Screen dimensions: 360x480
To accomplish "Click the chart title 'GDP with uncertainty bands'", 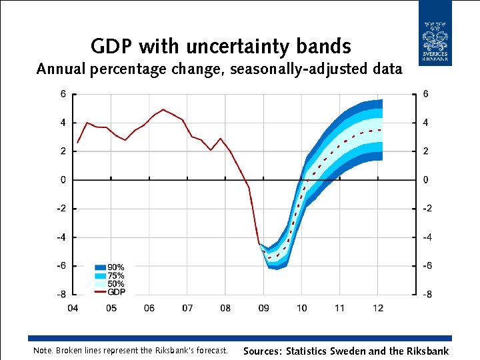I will coord(221,46).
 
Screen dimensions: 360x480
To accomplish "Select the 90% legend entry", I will coord(110,267).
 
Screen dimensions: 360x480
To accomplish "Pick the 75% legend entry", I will coord(110,275).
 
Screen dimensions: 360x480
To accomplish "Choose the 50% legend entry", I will coord(110,284).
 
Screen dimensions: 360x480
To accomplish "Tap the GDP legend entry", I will coord(110,292).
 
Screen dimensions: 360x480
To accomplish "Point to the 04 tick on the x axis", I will coord(73,308).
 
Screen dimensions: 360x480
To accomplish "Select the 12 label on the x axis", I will coord(378,308).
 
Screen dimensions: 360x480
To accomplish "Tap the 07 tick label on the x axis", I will coord(187,308).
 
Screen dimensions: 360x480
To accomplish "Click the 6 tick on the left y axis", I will coord(63,94).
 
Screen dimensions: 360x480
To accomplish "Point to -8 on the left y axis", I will coord(61,294).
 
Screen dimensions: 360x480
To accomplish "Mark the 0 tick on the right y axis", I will coord(426,180).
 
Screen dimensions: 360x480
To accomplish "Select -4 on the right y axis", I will coord(427,237).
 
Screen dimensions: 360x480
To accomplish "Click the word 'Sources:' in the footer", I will coord(263,351).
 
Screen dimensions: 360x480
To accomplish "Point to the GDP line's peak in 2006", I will coord(163,109).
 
